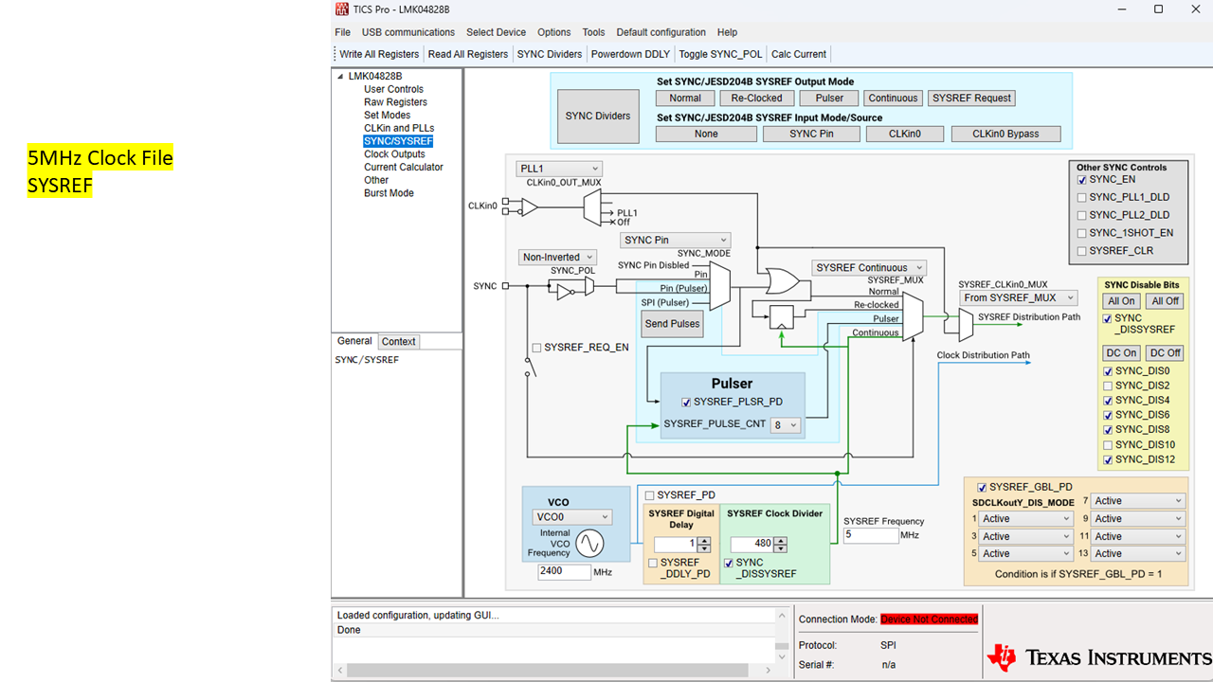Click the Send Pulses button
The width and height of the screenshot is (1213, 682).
pyautogui.click(x=672, y=324)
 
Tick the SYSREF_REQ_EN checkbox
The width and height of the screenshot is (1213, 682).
pyautogui.click(x=536, y=348)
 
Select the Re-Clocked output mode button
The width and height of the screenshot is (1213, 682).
pyautogui.click(x=756, y=98)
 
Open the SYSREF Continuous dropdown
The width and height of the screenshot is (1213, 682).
pyautogui.click(x=869, y=267)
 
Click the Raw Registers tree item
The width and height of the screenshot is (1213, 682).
pyautogui.click(x=395, y=101)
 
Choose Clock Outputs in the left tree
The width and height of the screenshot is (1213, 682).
pyautogui.click(x=394, y=153)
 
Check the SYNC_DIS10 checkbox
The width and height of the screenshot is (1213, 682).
pyautogui.click(x=1108, y=445)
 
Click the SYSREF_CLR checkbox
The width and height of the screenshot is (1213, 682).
pyautogui.click(x=1081, y=251)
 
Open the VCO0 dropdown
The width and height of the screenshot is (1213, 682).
pyautogui.click(x=571, y=517)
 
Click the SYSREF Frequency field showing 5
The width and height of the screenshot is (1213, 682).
pyautogui.click(x=871, y=535)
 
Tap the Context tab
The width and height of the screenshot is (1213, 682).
pyautogui.click(x=398, y=342)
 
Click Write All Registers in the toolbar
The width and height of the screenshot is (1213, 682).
pyautogui.click(x=379, y=54)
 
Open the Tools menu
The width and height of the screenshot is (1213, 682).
pyautogui.click(x=593, y=32)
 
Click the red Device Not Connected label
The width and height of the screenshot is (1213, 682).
pyautogui.click(x=930, y=619)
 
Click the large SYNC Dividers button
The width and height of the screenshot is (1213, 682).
pyautogui.click(x=598, y=116)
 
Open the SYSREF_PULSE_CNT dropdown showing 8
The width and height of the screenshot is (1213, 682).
pyautogui.click(x=786, y=425)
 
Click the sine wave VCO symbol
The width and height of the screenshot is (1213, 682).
pyautogui.click(x=589, y=544)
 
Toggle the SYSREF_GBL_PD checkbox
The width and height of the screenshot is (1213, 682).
pyautogui.click(x=982, y=487)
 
